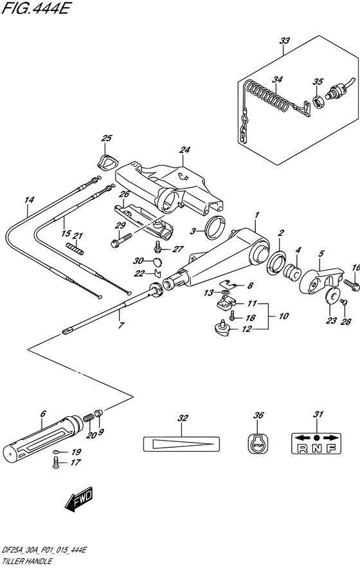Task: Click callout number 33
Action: pos(285,41)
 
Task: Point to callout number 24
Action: pos(184,150)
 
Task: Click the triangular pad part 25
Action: pos(106,161)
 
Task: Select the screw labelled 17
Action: pos(56,463)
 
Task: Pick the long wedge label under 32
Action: pos(181,443)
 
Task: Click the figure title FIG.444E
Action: pos(35,8)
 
